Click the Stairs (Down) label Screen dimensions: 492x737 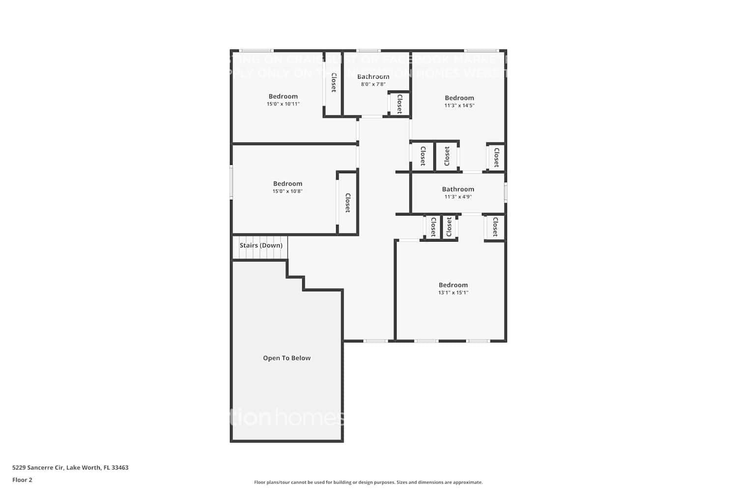(261, 245)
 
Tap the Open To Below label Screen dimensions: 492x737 (286, 358)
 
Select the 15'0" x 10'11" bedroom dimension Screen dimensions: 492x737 (283, 104)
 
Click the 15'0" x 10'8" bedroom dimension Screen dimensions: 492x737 (287, 191)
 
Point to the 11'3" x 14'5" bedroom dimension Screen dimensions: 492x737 (459, 105)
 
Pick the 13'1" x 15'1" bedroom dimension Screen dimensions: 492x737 (453, 292)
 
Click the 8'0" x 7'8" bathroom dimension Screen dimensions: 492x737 (373, 84)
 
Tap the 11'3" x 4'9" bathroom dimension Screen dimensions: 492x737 (458, 197)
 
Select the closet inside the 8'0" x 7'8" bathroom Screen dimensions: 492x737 (399, 104)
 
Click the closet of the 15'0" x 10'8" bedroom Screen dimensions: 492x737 (347, 203)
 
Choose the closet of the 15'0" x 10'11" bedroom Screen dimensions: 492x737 (333, 83)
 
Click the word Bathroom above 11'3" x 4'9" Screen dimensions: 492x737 (458, 189)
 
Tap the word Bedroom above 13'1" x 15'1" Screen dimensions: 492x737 (453, 285)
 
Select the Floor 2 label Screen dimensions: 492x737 (22, 480)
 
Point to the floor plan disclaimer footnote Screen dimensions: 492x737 (368, 482)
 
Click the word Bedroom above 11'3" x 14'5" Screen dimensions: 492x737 (459, 98)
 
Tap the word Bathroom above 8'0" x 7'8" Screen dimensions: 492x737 (373, 76)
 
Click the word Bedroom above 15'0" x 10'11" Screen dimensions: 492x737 (283, 96)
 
